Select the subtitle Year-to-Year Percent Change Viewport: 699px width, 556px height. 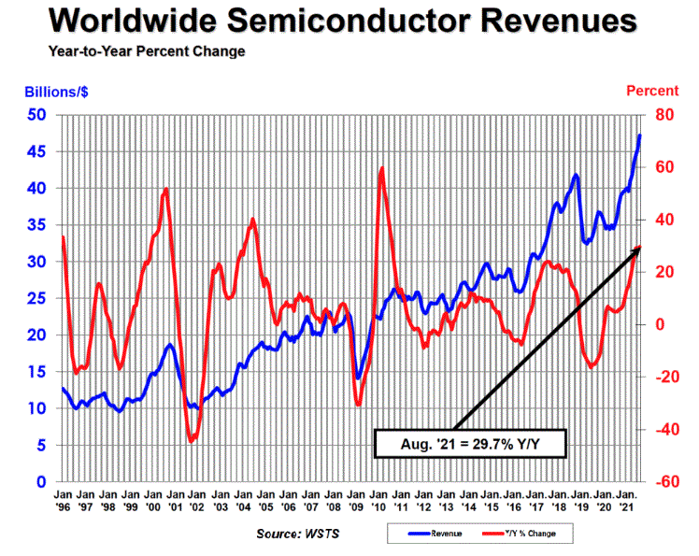click(x=133, y=50)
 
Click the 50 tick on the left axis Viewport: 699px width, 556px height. click(x=36, y=115)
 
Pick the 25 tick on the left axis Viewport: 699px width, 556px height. click(x=36, y=298)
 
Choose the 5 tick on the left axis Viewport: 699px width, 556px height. click(x=41, y=445)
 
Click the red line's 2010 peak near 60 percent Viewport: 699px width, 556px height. click(x=382, y=168)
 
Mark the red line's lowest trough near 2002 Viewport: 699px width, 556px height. click(x=193, y=440)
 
